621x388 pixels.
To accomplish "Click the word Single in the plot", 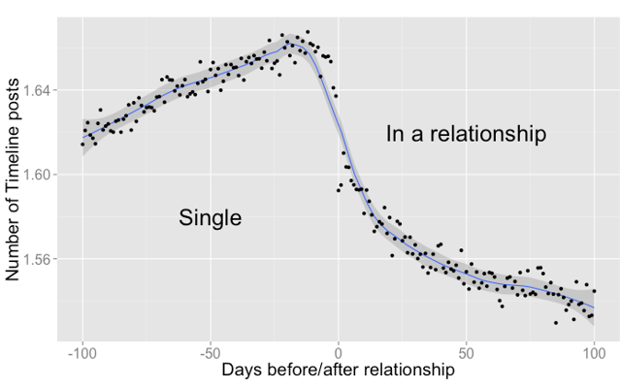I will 210,218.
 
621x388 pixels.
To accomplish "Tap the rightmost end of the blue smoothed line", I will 594,307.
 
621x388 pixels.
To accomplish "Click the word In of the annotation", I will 395,134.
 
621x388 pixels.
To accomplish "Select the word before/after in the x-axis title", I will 313,370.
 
